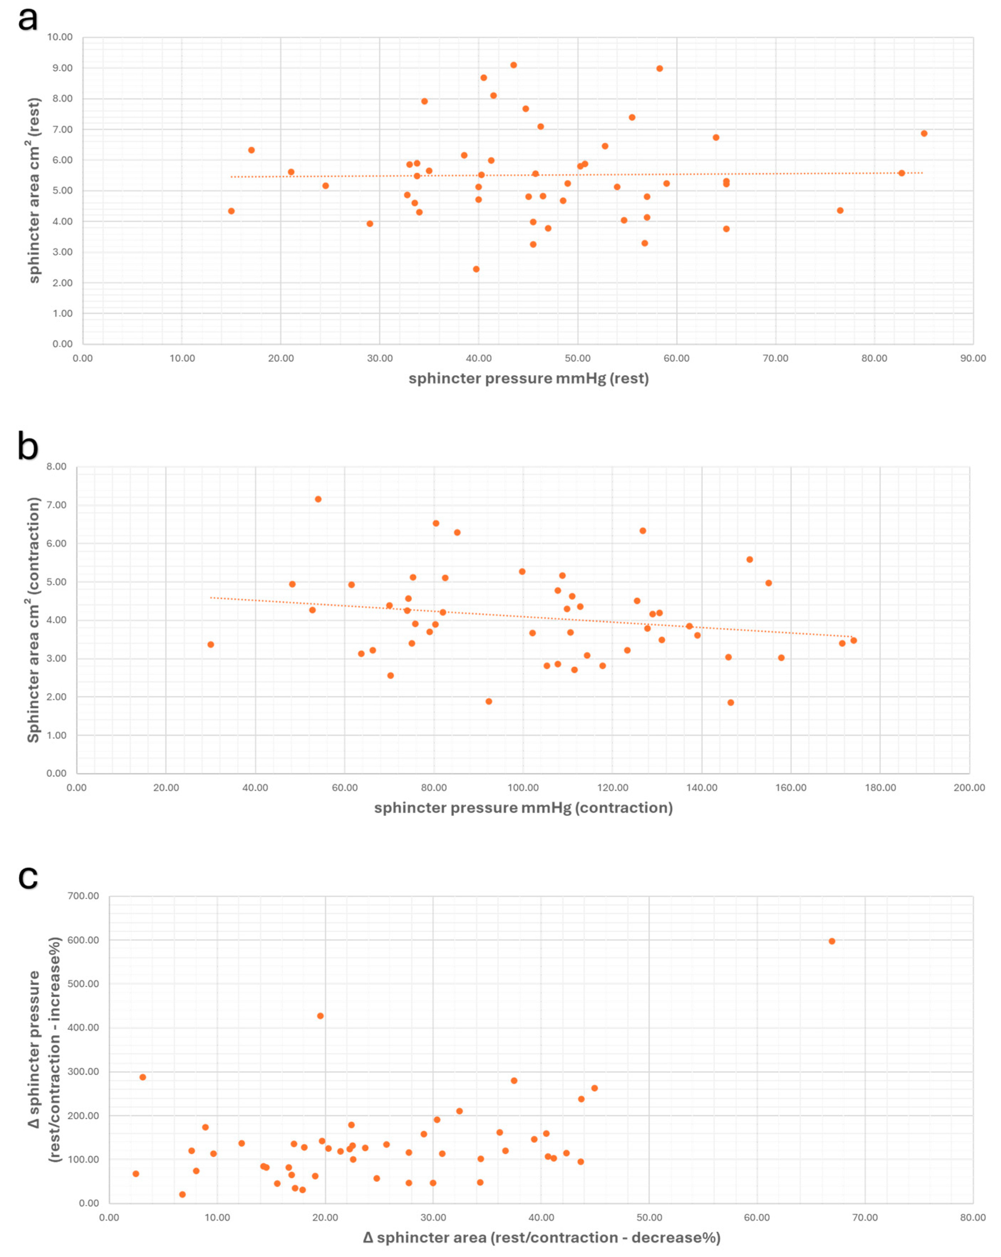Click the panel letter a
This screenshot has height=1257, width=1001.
[27, 19]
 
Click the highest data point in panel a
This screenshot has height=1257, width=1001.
[513, 65]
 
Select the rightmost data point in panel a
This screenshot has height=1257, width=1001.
[923, 134]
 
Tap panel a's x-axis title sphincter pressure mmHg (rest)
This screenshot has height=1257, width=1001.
[528, 378]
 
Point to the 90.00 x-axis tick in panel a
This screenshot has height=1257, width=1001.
[972, 358]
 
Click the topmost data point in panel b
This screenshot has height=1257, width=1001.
[318, 499]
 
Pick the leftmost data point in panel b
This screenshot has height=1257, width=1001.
[211, 644]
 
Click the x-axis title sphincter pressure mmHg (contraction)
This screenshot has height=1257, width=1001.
[523, 807]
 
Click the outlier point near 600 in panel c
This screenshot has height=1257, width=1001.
[831, 941]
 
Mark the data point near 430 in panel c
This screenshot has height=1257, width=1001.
[320, 1016]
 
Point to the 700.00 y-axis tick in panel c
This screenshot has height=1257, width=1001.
[83, 895]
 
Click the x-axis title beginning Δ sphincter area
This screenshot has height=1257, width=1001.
[541, 1237]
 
